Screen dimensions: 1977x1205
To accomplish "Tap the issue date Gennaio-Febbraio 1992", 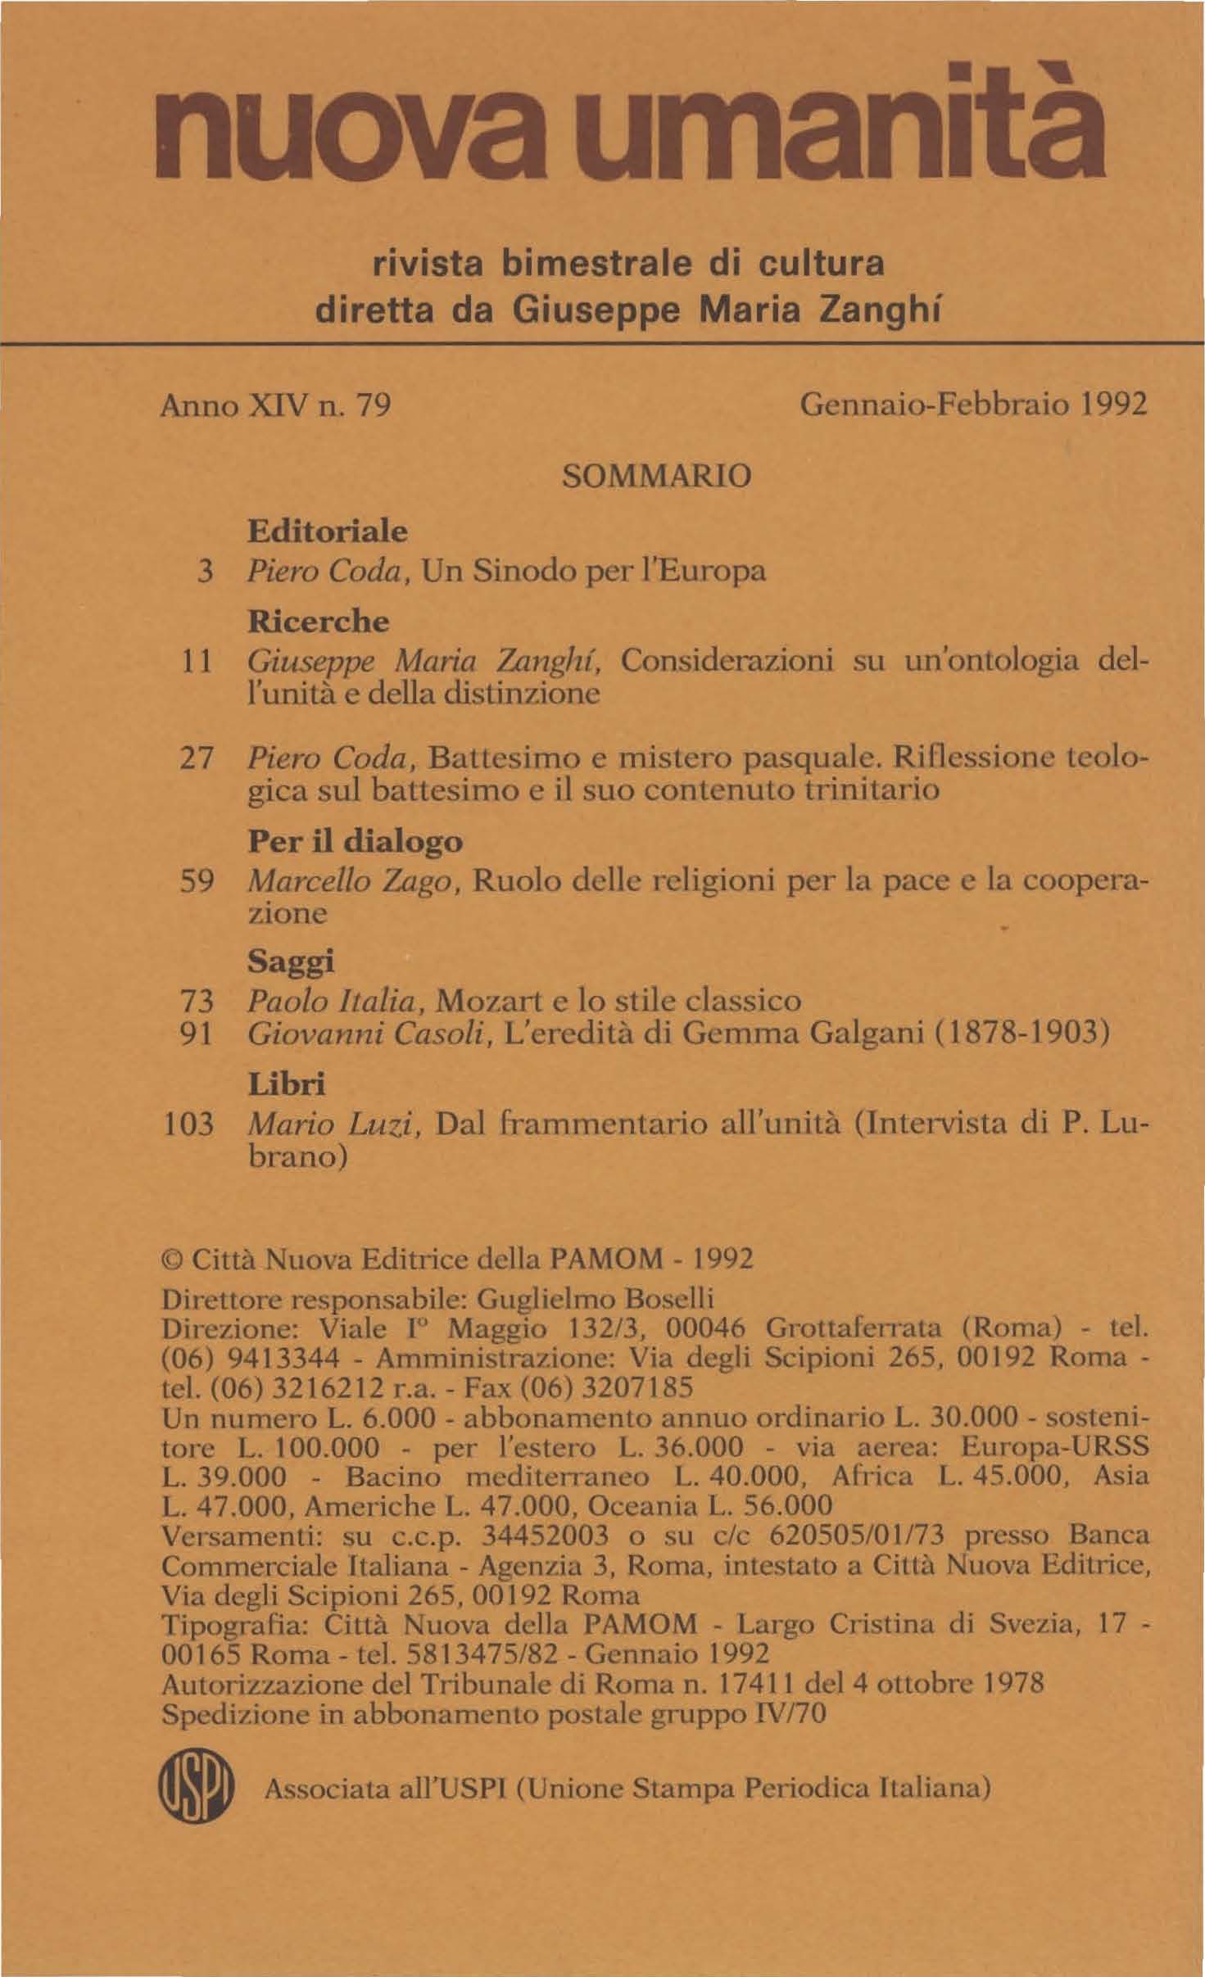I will coord(972,405).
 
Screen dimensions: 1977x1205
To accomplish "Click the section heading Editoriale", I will coord(328,532).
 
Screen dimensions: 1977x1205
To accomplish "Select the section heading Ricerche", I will coord(319,622).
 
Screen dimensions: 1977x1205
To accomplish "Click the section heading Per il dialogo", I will coord(355,842).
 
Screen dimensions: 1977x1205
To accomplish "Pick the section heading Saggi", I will coord(292,961).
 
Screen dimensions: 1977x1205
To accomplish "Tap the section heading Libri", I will coord(287,1084).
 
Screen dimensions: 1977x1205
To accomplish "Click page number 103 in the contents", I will coord(189,1124).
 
